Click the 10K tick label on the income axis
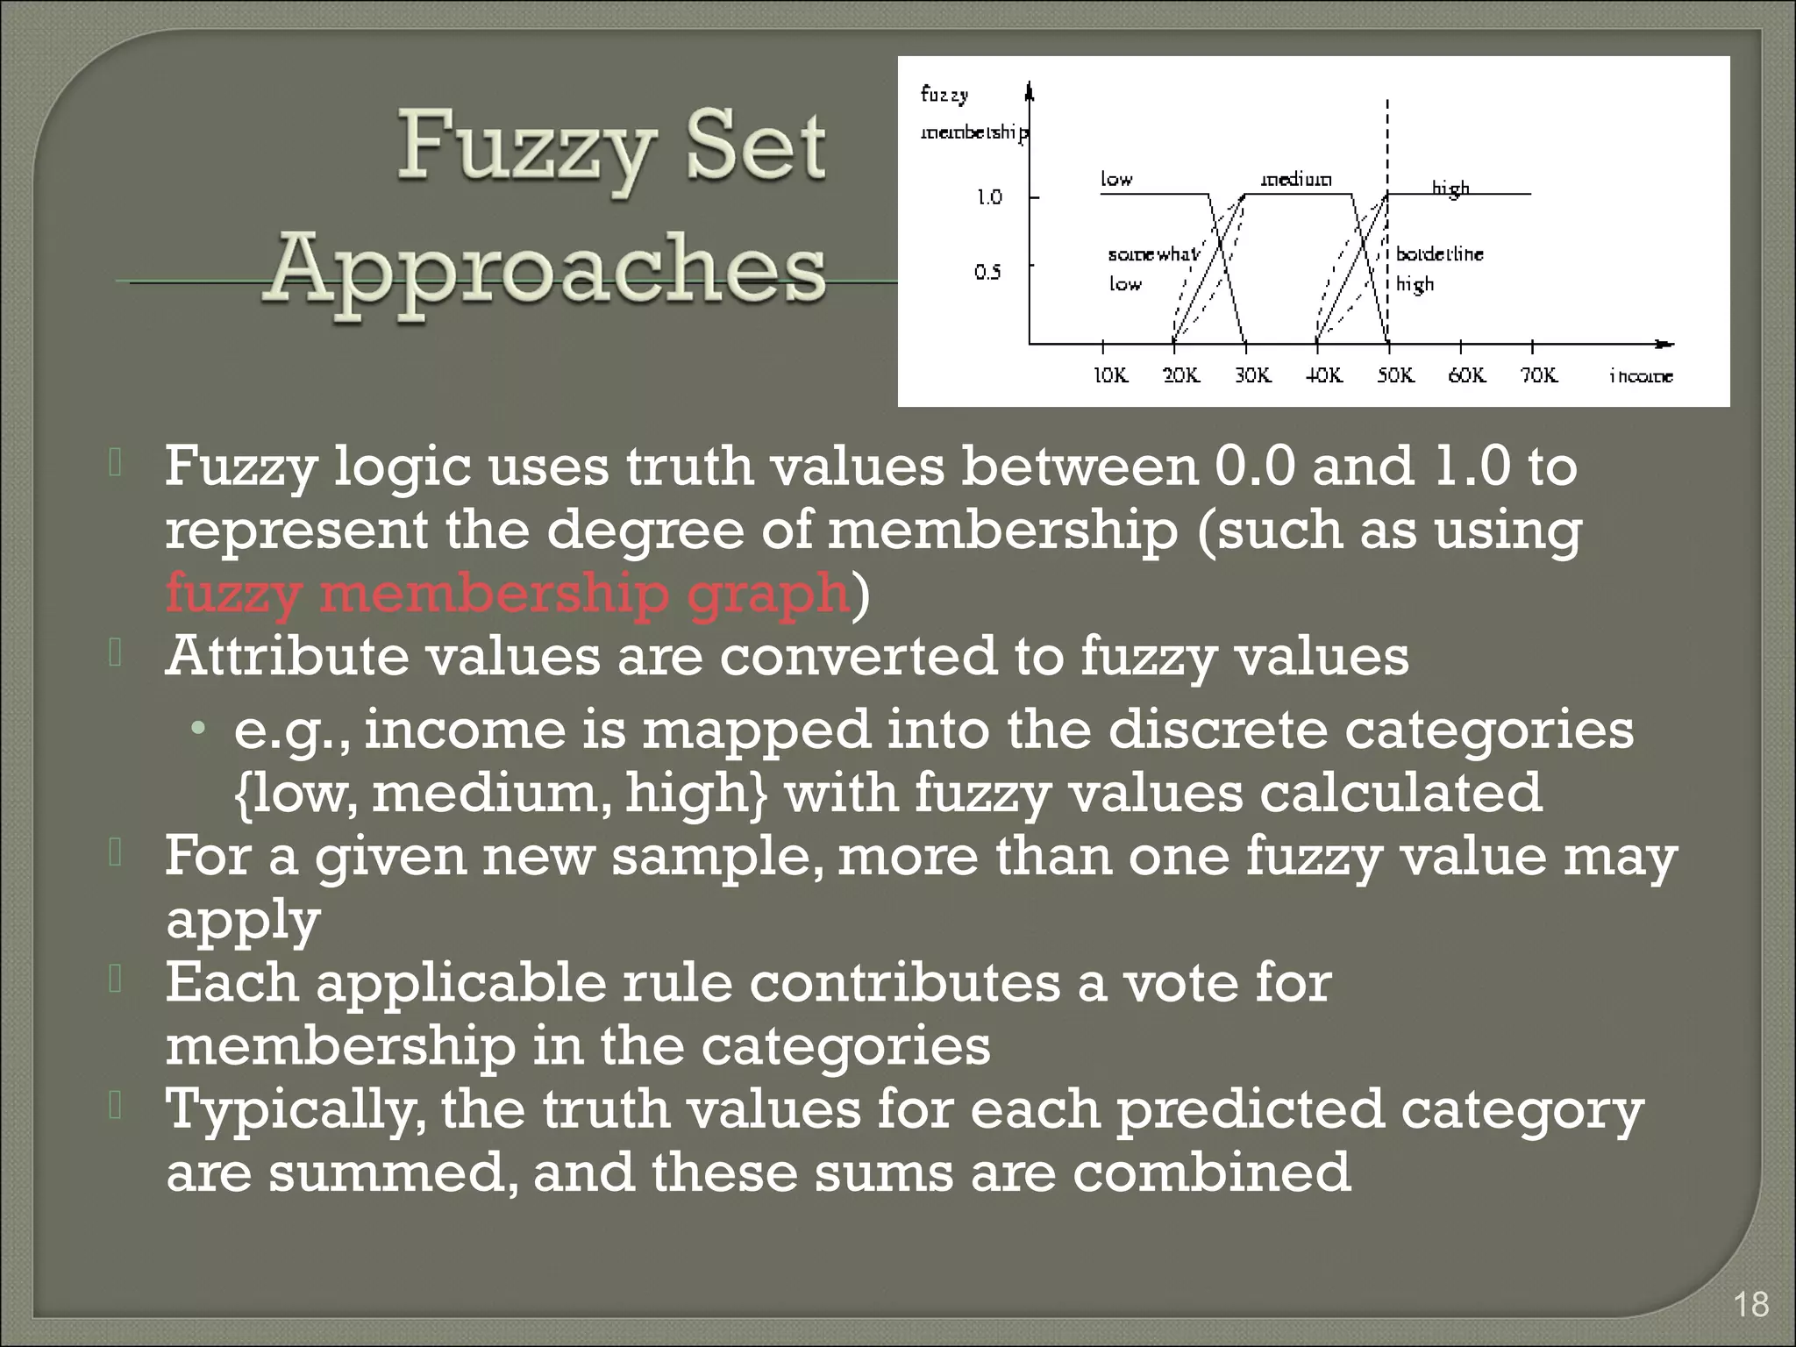tap(1110, 375)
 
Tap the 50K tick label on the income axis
tap(1395, 375)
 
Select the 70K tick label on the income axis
tap(1539, 375)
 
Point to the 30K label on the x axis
tap(1253, 375)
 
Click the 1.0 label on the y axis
tap(989, 197)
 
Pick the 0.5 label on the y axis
tap(987, 273)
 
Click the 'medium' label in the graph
tap(1296, 180)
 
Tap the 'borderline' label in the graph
tap(1440, 254)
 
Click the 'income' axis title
tap(1641, 376)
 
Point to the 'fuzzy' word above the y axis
tap(944, 95)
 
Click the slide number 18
tap(1751, 1304)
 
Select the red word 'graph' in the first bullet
tap(768, 594)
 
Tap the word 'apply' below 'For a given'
tap(243, 921)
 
